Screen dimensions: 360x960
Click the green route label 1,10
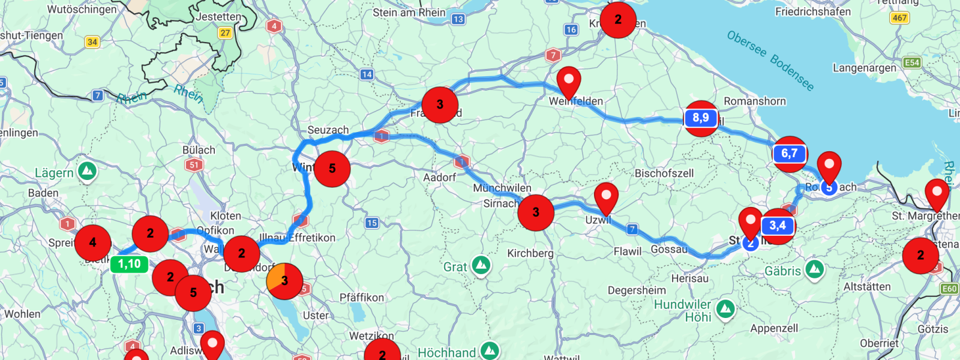pos(129,264)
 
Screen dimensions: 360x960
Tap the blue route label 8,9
pos(700,118)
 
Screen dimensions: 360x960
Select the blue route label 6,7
pos(789,154)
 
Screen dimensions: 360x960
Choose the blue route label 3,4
pos(778,226)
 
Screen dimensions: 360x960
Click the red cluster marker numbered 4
pos(92,242)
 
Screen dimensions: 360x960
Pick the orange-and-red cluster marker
pos(284,280)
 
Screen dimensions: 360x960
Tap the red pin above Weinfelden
pos(569,82)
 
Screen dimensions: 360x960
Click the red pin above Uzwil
pos(606,197)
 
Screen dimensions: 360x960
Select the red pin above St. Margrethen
pos(937,193)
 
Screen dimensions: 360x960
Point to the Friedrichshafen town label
pos(812,11)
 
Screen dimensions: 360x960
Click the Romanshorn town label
pos(754,101)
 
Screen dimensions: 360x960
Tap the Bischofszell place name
pos(664,173)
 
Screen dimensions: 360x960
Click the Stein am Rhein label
pos(409,13)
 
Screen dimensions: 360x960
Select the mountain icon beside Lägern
pos(88,171)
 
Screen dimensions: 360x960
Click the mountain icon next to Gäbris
pos(814,269)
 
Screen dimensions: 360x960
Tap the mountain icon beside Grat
pos(481,265)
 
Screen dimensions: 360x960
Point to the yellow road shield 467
pos(899,18)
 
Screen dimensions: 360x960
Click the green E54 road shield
pos(912,62)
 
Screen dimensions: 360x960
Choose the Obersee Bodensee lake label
pos(770,61)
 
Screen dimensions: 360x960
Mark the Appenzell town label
pos(774,328)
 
